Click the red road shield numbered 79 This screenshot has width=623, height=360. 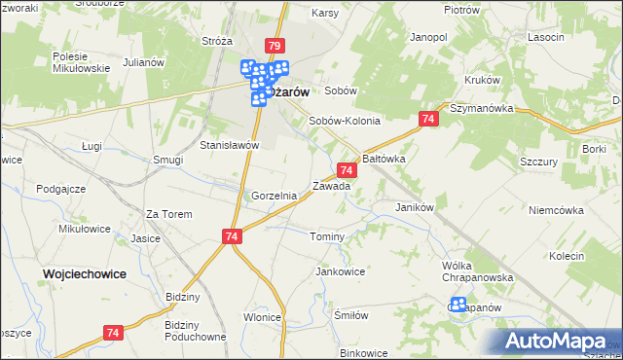click(274, 46)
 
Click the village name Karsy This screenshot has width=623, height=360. click(324, 14)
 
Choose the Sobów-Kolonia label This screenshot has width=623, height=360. click(344, 122)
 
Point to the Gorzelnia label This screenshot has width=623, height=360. click(274, 196)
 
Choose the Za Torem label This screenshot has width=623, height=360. click(168, 214)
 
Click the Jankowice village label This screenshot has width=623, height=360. click(341, 271)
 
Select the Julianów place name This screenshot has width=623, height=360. click(141, 61)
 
